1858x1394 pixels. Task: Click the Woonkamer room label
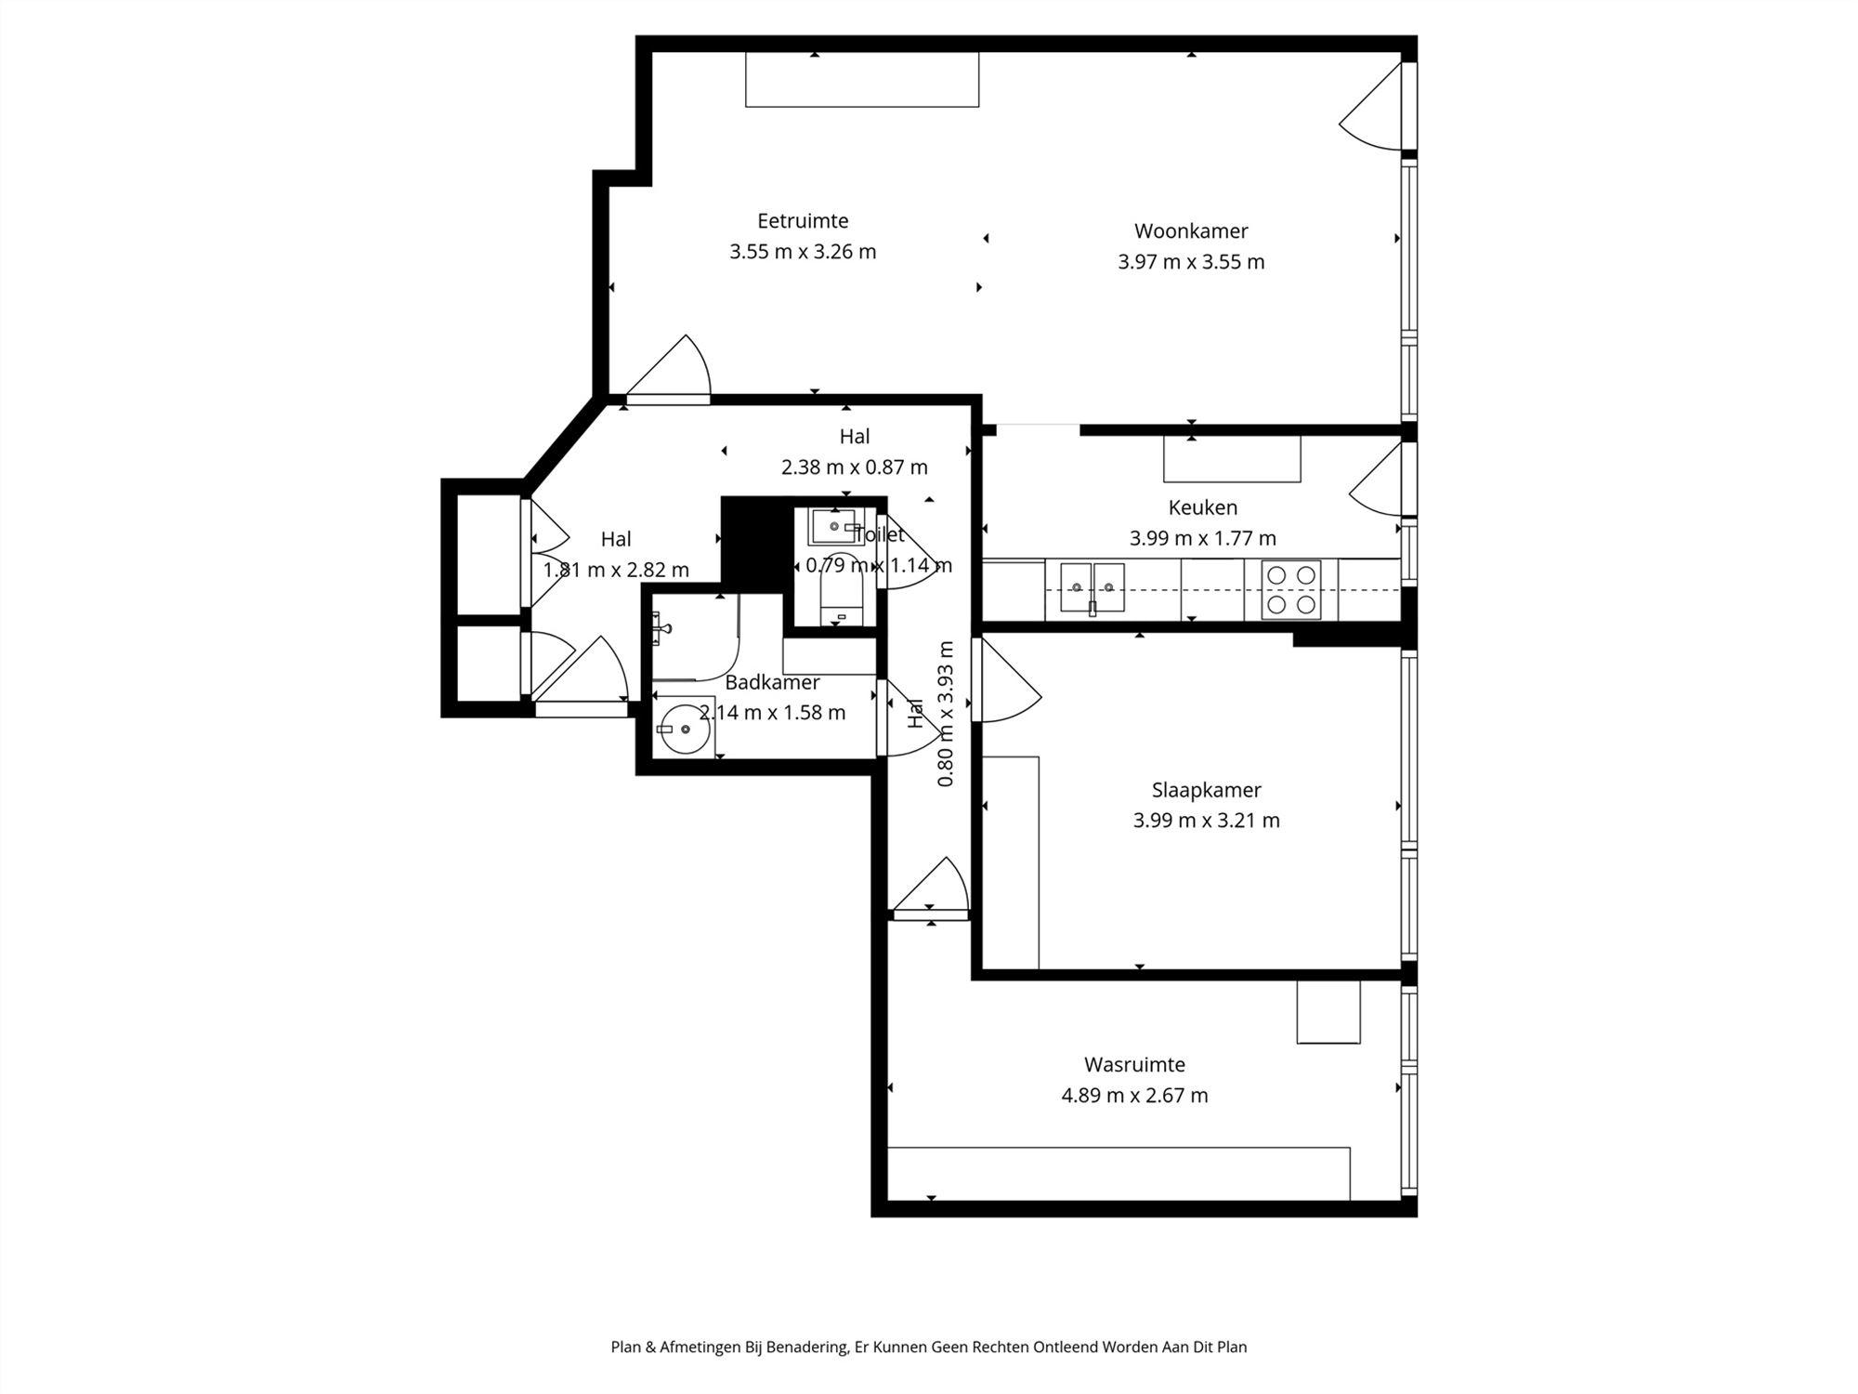pyautogui.click(x=1191, y=231)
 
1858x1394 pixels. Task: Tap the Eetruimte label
pyautogui.click(x=803, y=221)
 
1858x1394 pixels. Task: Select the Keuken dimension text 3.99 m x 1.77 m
pyautogui.click(x=1202, y=538)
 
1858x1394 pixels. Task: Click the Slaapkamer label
pyautogui.click(x=1206, y=790)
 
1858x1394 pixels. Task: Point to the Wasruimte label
pyautogui.click(x=1134, y=1064)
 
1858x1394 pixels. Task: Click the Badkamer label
pyautogui.click(x=772, y=682)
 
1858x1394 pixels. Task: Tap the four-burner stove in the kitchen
pyautogui.click(x=1291, y=590)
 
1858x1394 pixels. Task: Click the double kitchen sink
pyautogui.click(x=1093, y=588)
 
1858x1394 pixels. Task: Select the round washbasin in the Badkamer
pyautogui.click(x=684, y=730)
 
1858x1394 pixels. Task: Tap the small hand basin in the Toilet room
pyautogui.click(x=833, y=527)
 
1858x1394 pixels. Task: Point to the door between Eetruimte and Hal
pyautogui.click(x=669, y=370)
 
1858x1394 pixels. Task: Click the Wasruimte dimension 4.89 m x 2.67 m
pyautogui.click(x=1134, y=1096)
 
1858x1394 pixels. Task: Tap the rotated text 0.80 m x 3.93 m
pyautogui.click(x=946, y=714)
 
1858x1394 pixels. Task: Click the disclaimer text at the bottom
pyautogui.click(x=928, y=1347)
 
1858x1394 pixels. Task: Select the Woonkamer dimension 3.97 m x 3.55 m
pyautogui.click(x=1191, y=262)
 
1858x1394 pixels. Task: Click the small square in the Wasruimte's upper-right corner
pyautogui.click(x=1328, y=1012)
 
